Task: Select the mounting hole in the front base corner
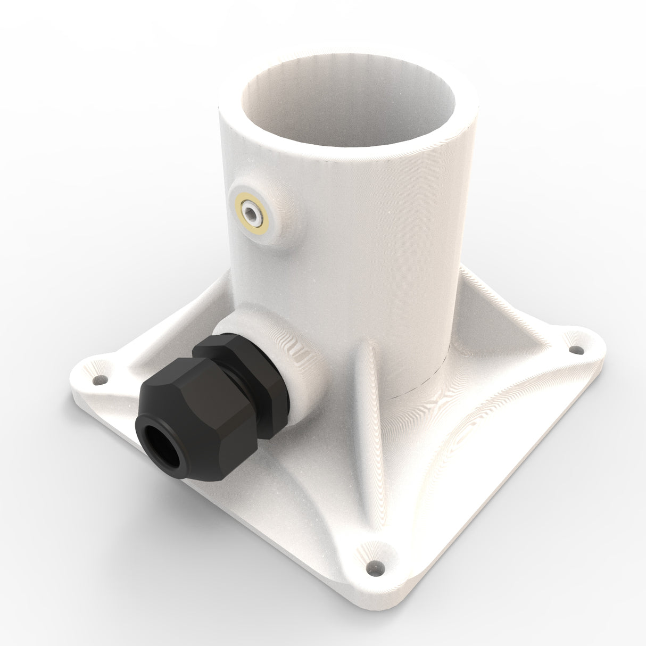point(377,567)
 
